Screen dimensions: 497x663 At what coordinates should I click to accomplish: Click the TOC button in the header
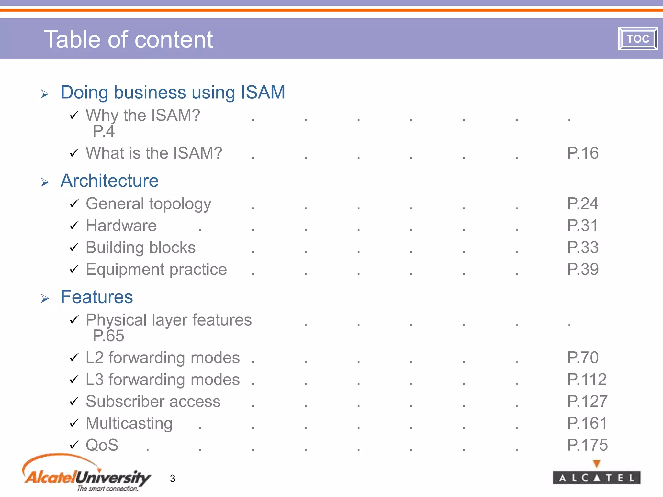(x=638, y=39)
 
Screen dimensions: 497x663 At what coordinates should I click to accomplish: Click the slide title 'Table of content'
(x=129, y=39)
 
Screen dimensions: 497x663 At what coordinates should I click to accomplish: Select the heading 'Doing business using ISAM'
(x=173, y=93)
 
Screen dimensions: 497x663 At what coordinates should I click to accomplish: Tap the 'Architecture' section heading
(x=109, y=181)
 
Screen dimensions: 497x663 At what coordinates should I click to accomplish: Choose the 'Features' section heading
(x=97, y=297)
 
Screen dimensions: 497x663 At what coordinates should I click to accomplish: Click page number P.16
(x=583, y=153)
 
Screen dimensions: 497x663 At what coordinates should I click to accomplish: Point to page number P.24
(x=583, y=204)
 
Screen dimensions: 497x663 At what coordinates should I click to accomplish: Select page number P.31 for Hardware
(x=582, y=226)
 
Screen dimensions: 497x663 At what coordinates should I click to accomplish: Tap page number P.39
(x=583, y=269)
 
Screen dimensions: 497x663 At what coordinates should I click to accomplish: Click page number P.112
(x=587, y=380)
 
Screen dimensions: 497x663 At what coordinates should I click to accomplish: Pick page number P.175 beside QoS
(x=587, y=445)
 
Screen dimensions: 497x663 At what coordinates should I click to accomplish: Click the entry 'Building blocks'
(x=140, y=248)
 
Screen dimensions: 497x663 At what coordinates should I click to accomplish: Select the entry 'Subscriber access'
(x=153, y=402)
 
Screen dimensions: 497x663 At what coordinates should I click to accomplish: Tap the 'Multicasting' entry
(x=129, y=424)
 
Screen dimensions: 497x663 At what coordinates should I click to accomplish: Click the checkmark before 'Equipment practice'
(x=74, y=269)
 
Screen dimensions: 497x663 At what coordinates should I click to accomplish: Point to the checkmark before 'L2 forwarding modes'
(x=74, y=358)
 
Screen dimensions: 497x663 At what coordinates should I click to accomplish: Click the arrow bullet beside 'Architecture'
(x=45, y=182)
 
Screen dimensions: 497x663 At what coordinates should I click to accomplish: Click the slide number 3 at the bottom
(x=173, y=478)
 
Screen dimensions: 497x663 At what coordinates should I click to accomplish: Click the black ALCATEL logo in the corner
(x=596, y=477)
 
